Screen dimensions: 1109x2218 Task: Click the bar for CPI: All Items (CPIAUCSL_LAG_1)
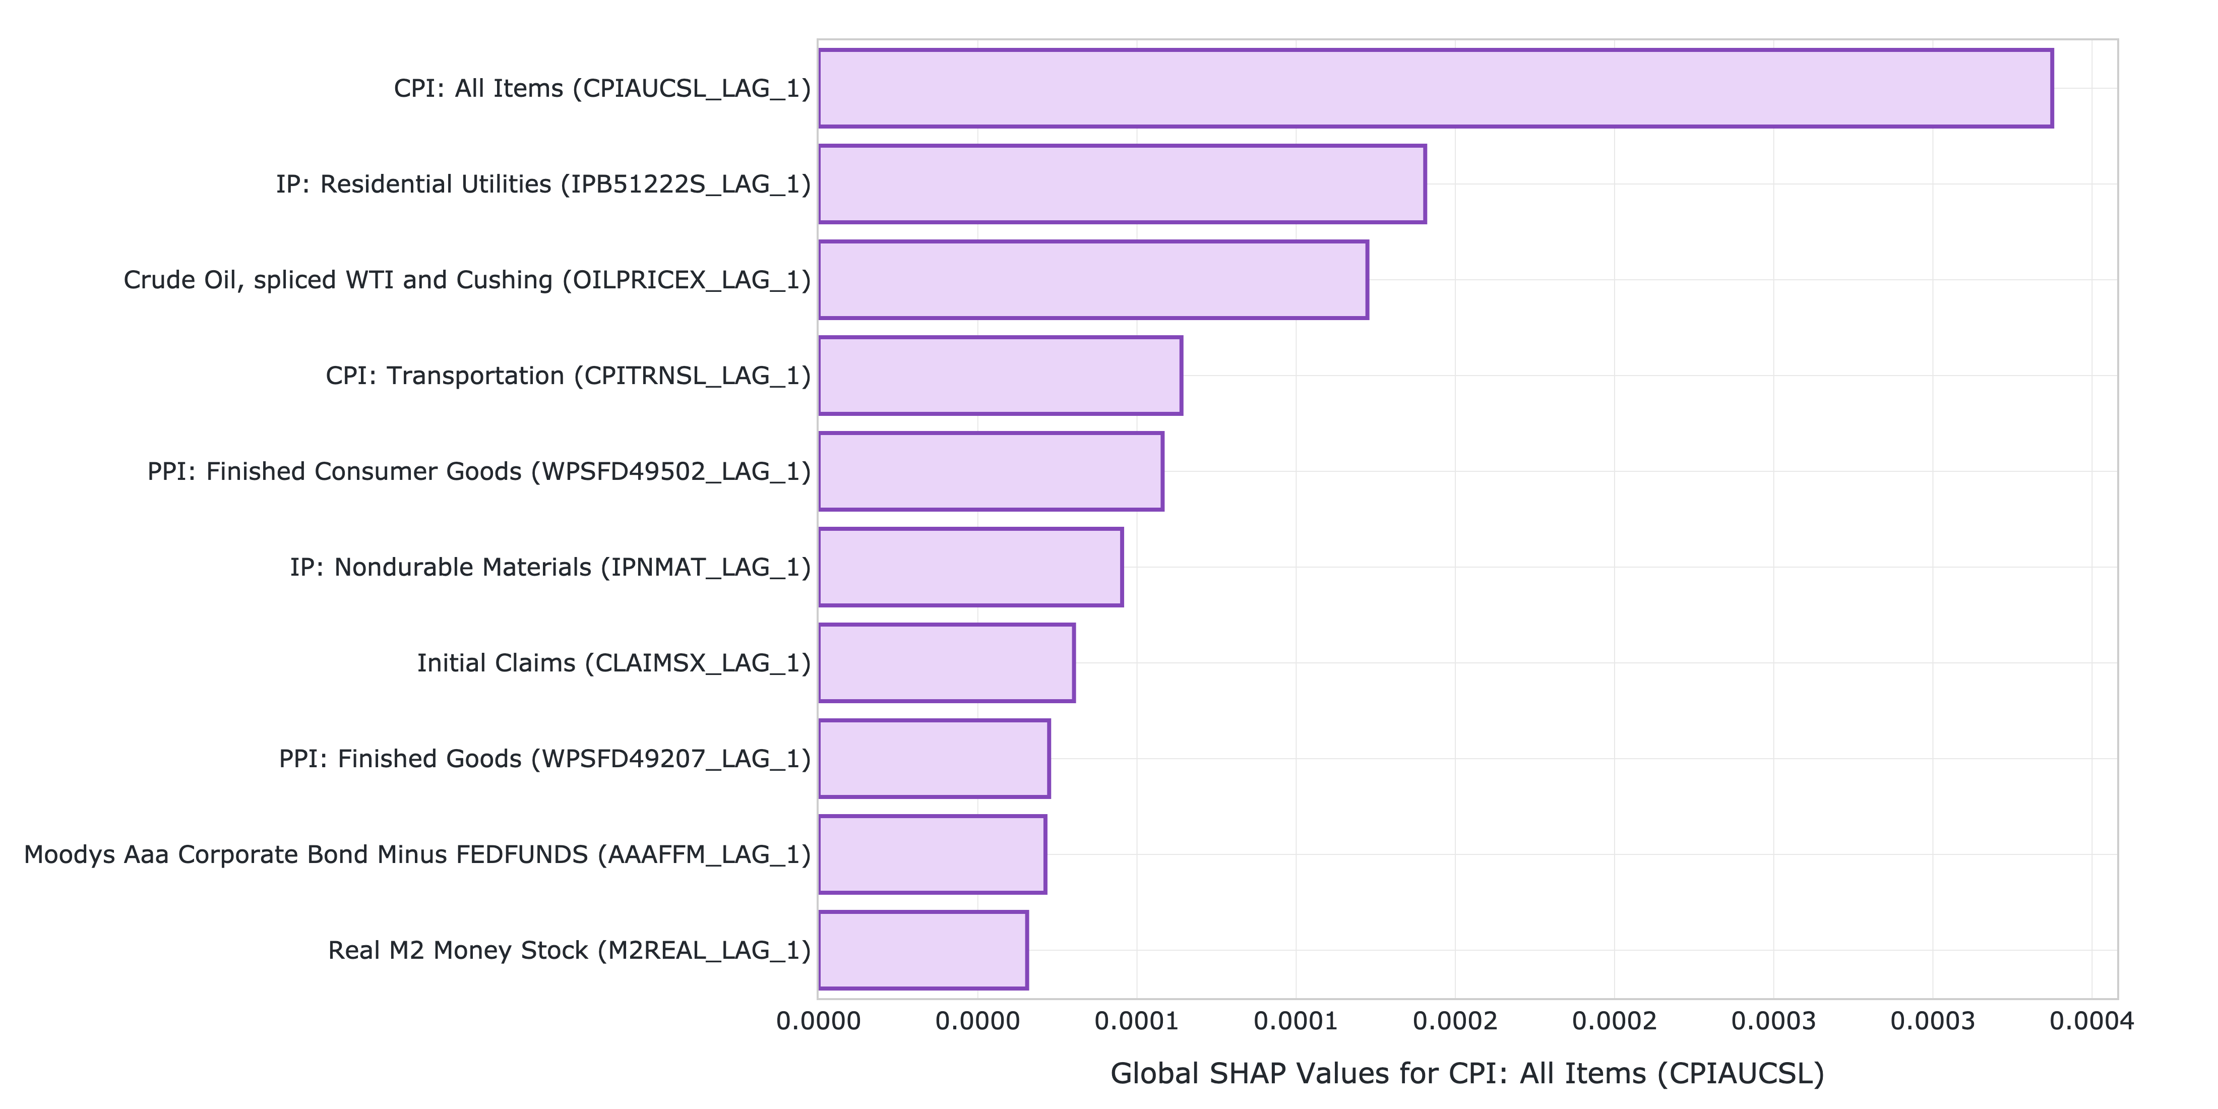[1435, 89]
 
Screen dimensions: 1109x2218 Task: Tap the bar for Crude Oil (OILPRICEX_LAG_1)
[1093, 280]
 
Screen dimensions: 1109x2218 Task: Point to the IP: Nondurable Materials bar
[970, 568]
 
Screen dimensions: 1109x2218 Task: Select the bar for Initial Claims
[946, 663]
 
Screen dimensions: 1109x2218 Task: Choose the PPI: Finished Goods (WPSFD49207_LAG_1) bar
[934, 759]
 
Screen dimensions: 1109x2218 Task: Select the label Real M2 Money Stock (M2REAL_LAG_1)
[569, 951]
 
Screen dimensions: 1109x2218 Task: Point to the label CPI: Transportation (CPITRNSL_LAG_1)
[568, 376]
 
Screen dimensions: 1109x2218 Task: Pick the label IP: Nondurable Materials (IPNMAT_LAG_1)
[550, 568]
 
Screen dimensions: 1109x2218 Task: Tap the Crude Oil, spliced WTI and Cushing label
[467, 280]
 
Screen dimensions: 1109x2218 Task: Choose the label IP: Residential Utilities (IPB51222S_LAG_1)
[543, 184]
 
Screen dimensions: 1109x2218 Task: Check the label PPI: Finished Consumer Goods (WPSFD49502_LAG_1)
[479, 472]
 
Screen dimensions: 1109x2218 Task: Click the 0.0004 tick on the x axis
[2091, 1021]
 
